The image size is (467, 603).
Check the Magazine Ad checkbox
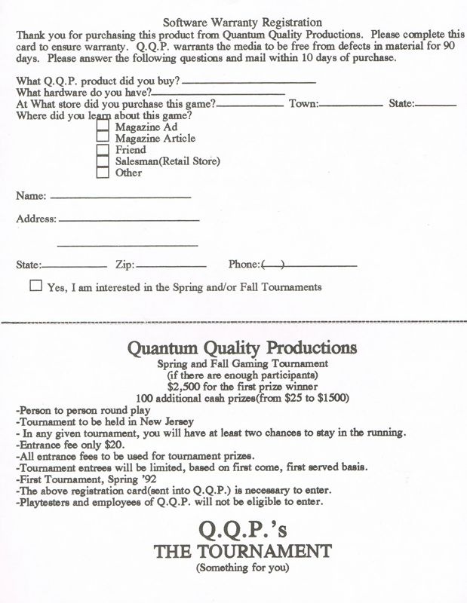click(103, 127)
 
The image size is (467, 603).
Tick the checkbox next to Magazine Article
click(103, 138)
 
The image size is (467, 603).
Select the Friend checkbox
click(103, 149)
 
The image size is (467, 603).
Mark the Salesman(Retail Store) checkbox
click(103, 161)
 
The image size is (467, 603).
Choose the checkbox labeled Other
click(103, 173)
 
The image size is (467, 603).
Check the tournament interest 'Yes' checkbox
click(35, 286)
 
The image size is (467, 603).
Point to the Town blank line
click(351, 105)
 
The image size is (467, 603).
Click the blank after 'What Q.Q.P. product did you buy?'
click(249, 81)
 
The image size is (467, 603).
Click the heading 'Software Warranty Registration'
click(242, 23)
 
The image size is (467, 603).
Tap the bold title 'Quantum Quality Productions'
click(241, 348)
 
